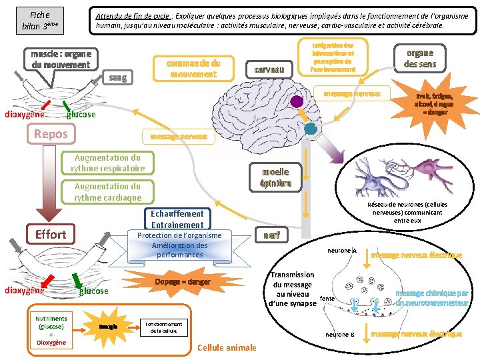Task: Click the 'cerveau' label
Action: point(270,69)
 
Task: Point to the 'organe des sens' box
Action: point(419,58)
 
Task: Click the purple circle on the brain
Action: point(297,101)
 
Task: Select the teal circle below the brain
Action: point(310,128)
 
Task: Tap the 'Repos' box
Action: point(51,133)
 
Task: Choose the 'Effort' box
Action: point(51,234)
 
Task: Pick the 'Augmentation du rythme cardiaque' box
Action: point(107,192)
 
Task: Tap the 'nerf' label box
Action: point(271,235)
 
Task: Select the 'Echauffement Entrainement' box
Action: point(177,219)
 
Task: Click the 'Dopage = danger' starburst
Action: point(182,282)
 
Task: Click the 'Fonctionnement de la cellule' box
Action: point(163,327)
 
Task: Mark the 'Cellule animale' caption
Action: point(227,347)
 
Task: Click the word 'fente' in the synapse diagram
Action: point(327,299)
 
